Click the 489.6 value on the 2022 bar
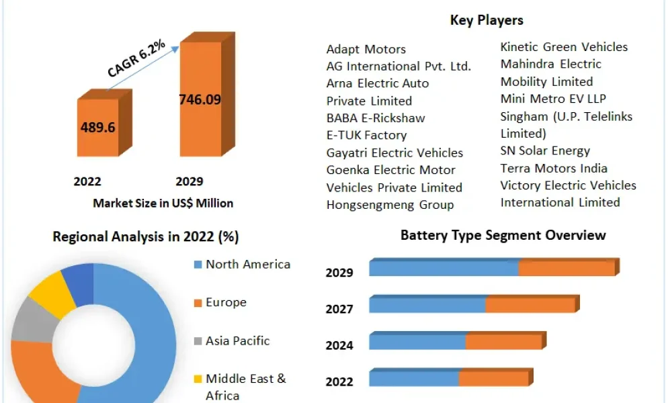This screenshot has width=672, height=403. tap(97, 127)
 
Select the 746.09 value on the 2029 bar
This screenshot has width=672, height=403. tap(200, 99)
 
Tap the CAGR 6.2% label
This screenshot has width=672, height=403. tap(136, 58)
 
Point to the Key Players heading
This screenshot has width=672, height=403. tap(487, 20)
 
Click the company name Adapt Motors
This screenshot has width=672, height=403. tap(366, 49)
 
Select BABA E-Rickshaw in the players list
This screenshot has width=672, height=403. tap(376, 118)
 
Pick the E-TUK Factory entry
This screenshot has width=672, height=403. tap(366, 135)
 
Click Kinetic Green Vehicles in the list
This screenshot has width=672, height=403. tap(564, 47)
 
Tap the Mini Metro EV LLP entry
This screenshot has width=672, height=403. tap(553, 99)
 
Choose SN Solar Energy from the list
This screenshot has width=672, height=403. tap(545, 150)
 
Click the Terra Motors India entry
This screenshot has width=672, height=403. tap(554, 169)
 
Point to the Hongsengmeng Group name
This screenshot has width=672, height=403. tap(390, 205)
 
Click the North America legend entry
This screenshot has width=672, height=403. tap(243, 264)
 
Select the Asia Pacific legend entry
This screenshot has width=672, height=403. tap(232, 341)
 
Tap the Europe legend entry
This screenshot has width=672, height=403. tap(220, 302)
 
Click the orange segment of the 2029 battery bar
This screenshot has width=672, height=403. tap(566, 268)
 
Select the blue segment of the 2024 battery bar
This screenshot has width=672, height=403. tap(417, 342)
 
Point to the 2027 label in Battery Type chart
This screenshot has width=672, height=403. tap(339, 309)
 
